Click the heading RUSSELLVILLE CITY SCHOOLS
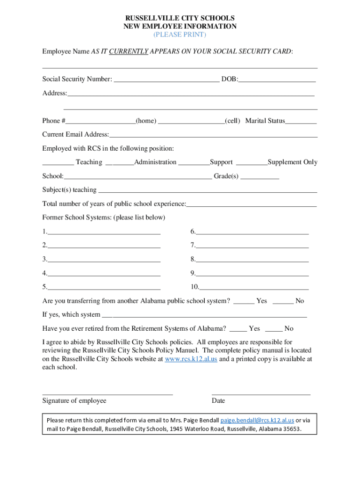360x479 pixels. pyautogui.click(x=180, y=18)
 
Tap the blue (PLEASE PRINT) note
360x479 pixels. pyautogui.click(x=180, y=35)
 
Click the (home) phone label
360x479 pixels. pyautogui.click(x=146, y=121)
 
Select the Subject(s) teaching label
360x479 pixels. pyautogui.click(x=69, y=190)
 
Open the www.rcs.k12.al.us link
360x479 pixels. pyautogui.click(x=191, y=359)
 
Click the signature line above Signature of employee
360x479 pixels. pyautogui.click(x=108, y=394)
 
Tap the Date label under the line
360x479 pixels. pyautogui.click(x=218, y=401)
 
